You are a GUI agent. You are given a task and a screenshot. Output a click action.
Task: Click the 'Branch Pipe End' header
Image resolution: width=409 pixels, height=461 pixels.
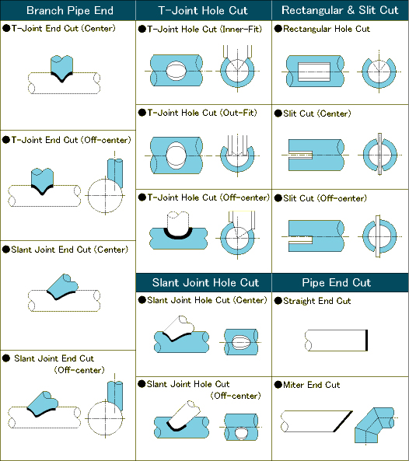click(70, 11)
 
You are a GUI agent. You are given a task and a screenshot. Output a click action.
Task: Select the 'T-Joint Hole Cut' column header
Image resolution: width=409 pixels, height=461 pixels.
click(203, 11)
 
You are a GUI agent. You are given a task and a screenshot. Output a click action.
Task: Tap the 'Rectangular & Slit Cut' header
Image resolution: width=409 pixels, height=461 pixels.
click(340, 10)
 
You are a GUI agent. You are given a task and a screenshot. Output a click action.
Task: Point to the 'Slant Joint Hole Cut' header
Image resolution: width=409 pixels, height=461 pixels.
click(205, 282)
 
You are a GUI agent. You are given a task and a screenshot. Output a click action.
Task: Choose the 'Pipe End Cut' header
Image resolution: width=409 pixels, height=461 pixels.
click(337, 282)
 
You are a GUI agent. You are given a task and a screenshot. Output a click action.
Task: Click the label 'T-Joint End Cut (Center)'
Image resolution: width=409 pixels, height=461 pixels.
click(63, 29)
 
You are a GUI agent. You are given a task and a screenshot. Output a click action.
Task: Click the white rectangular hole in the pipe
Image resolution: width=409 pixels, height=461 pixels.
click(313, 72)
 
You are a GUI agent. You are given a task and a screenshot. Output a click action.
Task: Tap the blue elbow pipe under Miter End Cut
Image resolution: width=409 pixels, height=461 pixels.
click(374, 424)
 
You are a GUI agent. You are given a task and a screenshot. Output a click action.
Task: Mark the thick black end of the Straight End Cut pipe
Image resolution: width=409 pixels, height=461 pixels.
click(366, 341)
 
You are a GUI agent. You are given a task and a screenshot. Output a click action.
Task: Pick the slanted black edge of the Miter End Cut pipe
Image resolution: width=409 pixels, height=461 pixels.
click(343, 421)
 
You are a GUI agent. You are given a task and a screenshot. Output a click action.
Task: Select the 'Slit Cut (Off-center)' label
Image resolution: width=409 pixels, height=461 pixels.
click(325, 198)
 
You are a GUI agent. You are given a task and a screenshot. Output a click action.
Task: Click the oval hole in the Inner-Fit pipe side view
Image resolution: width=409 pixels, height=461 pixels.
click(177, 71)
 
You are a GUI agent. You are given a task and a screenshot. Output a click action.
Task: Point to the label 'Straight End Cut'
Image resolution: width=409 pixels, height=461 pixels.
click(317, 301)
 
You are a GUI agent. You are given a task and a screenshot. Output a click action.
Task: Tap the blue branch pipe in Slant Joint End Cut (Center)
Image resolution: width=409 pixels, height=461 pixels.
click(63, 286)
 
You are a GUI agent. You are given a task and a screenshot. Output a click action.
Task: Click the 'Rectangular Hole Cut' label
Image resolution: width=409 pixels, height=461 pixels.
click(327, 29)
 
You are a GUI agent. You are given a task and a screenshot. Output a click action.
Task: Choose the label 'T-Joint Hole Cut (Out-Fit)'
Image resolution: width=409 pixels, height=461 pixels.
click(202, 113)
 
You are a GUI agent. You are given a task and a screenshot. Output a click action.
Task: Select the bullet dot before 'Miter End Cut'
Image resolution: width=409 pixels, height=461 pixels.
click(278, 385)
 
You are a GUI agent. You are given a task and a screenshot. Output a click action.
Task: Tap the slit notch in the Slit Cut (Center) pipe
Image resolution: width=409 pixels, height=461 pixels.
click(300, 155)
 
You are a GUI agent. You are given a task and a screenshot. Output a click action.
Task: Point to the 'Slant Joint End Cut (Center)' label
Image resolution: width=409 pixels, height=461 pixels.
click(70, 250)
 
